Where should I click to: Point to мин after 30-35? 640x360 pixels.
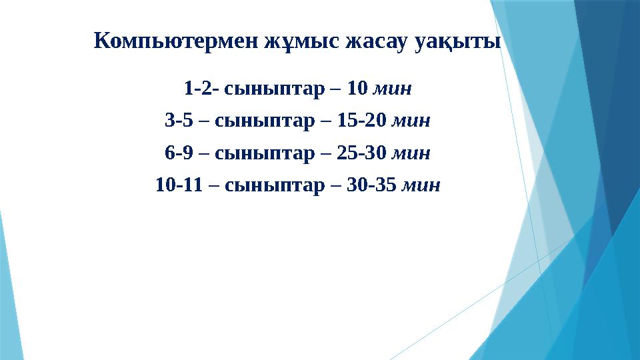pyautogui.click(x=421, y=185)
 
